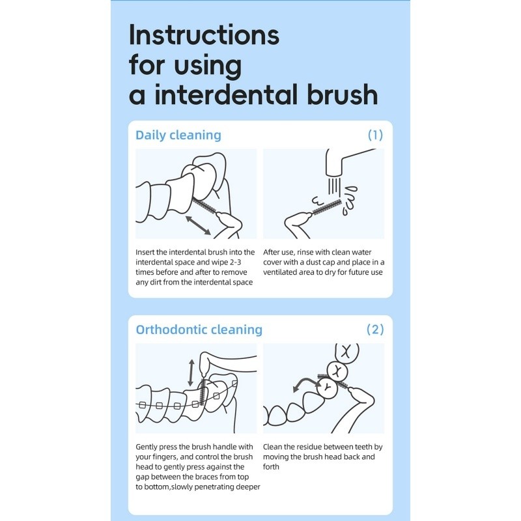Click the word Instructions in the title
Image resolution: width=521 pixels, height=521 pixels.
tap(204, 35)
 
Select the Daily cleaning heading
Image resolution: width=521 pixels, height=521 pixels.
tap(178, 135)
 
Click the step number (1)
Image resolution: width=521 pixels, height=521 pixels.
tap(376, 135)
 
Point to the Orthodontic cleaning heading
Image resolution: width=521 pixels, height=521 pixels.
tap(199, 330)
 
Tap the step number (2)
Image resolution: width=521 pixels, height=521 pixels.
tap(375, 330)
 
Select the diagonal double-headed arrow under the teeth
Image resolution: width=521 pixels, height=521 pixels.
tap(198, 225)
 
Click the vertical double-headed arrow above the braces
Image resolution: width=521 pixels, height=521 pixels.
tap(191, 373)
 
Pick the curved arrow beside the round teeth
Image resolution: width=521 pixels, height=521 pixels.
tap(305, 382)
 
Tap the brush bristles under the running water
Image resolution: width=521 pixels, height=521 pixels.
tap(328, 206)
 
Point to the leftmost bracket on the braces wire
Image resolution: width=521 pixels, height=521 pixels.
tap(143, 405)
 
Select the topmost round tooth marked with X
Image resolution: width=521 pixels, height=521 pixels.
tap(346, 352)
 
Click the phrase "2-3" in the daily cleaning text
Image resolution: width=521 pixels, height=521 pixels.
tap(235, 262)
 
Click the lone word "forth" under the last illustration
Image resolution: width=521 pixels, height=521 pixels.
tap(271, 467)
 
